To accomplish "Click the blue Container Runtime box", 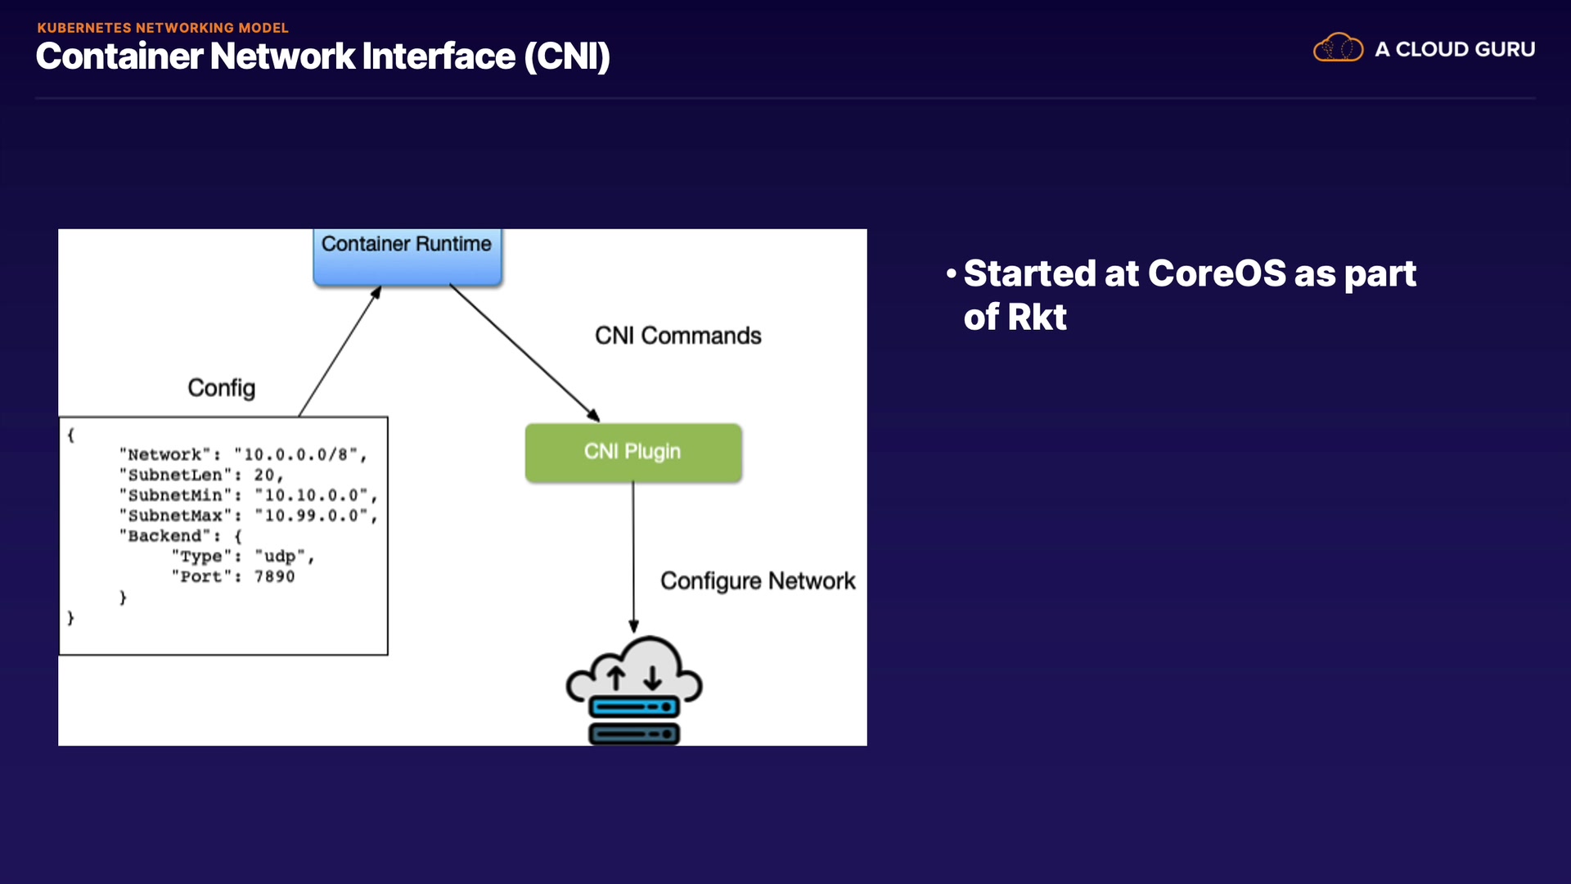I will click(x=407, y=255).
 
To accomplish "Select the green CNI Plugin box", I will click(x=632, y=452).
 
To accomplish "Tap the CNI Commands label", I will click(x=677, y=336).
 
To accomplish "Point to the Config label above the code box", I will click(x=221, y=388).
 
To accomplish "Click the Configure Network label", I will click(x=757, y=581).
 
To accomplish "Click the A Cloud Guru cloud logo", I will click(x=1338, y=48).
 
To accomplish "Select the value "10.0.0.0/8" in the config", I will click(x=300, y=454).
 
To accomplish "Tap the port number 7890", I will click(x=274, y=576).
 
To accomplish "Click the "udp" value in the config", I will click(x=280, y=557).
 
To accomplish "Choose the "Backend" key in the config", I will click(x=164, y=536).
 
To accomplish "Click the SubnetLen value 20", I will click(x=264, y=475).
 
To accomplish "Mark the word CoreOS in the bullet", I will click(x=1217, y=273).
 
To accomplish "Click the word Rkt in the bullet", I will click(x=1037, y=318).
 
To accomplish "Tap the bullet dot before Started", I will click(x=951, y=273).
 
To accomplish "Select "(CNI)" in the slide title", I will click(x=567, y=56).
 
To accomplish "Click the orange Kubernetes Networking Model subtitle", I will click(x=163, y=28).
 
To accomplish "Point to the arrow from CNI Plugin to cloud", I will click(x=633, y=557).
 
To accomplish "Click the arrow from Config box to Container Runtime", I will click(x=340, y=352).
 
